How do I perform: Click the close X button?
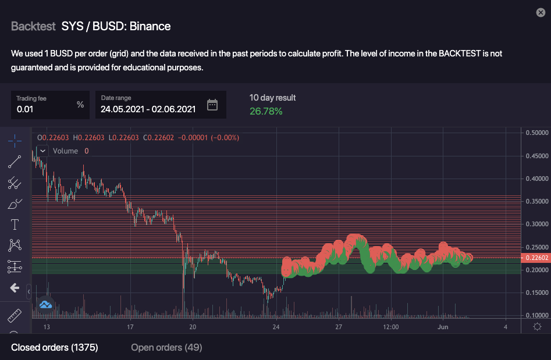[x=541, y=13]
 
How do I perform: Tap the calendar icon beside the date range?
[x=212, y=105]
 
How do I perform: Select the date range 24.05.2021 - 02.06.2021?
[x=148, y=109]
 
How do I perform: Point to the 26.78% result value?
[x=266, y=111]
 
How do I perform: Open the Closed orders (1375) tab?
[x=55, y=348]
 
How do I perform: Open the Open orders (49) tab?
[x=166, y=348]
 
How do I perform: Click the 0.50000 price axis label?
[x=536, y=133]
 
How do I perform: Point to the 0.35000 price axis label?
[x=536, y=201]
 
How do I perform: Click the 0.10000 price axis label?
[x=536, y=315]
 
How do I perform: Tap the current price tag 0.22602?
[x=536, y=258]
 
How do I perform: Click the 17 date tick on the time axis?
[x=130, y=327]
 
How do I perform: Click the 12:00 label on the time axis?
[x=390, y=327]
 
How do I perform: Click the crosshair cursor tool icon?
[x=15, y=140]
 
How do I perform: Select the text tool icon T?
[x=15, y=224]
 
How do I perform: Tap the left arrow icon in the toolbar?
[x=15, y=288]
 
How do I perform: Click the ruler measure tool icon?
[x=15, y=316]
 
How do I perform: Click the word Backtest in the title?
[x=33, y=26]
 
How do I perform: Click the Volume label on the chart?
[x=65, y=151]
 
